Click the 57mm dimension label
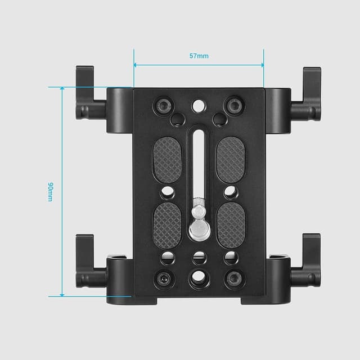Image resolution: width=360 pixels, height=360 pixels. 199,56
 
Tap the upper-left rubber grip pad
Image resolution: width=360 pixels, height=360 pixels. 167,159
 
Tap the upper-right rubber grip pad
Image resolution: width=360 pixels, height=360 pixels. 230,159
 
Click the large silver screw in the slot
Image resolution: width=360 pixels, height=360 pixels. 198,229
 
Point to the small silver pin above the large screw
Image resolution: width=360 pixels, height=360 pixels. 198,211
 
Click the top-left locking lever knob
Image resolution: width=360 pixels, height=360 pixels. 85,93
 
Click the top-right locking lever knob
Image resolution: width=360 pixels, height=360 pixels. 311,93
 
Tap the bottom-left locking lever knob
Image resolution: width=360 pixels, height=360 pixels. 85,259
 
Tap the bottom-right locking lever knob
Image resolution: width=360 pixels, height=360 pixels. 311,259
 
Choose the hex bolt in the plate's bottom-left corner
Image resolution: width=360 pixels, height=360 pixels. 164,278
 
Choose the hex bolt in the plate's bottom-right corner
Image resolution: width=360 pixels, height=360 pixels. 232,278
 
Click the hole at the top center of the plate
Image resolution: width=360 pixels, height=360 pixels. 198,105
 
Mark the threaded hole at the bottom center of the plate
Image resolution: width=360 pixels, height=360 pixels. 198,277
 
